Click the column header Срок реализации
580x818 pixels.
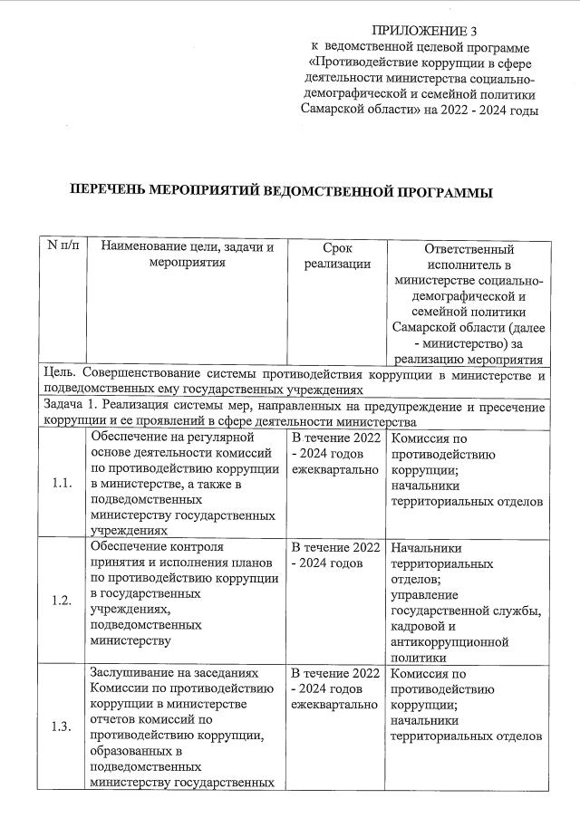point(336,255)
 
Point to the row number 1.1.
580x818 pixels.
point(62,483)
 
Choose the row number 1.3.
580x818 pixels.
point(62,726)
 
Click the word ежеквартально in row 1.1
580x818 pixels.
point(334,471)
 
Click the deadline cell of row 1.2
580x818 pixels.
point(334,556)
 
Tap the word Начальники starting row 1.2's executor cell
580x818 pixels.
point(426,548)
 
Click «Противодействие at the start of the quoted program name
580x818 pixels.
point(362,63)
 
